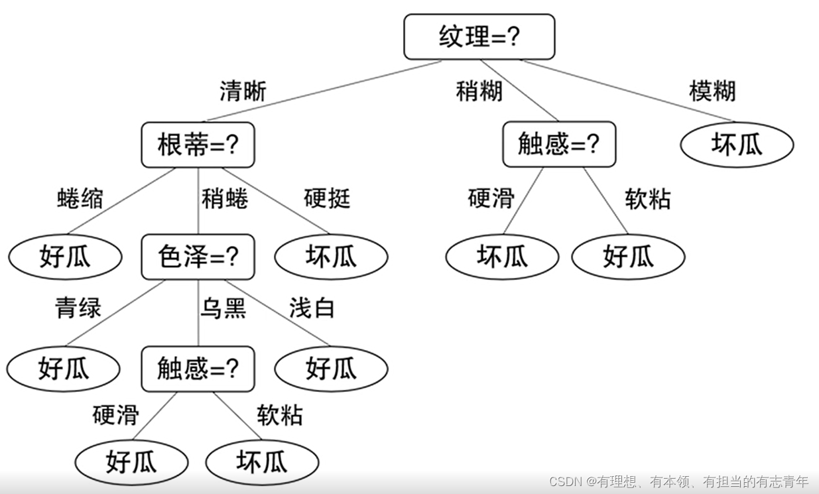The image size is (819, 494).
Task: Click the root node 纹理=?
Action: [x=479, y=36]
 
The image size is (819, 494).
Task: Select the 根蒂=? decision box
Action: [x=198, y=145]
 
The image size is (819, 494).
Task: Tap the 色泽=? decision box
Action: [x=198, y=256]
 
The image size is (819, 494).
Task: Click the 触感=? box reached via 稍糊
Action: [x=558, y=144]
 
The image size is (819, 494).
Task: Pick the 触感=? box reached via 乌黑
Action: [x=198, y=368]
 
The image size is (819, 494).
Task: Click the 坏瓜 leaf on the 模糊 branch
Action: [x=737, y=145]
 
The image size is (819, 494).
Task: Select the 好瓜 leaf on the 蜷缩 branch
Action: [x=65, y=257]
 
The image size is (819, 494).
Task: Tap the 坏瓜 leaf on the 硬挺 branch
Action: [x=331, y=257]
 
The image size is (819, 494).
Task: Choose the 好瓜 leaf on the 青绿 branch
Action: [x=64, y=369]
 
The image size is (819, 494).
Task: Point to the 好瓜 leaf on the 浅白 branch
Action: [x=331, y=369]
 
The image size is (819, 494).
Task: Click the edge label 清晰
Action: [x=243, y=91]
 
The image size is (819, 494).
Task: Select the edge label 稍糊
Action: [x=479, y=91]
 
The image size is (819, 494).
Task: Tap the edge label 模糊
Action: [x=712, y=91]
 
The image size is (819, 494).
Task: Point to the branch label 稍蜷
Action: [x=225, y=198]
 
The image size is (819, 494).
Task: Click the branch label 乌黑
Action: [x=223, y=308]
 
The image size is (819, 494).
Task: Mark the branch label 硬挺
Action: [x=327, y=198]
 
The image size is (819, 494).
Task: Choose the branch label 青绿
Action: [x=78, y=308]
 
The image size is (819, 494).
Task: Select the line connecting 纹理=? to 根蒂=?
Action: [x=324, y=91]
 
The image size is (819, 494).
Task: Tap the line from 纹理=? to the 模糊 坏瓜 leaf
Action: [x=627, y=91]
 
